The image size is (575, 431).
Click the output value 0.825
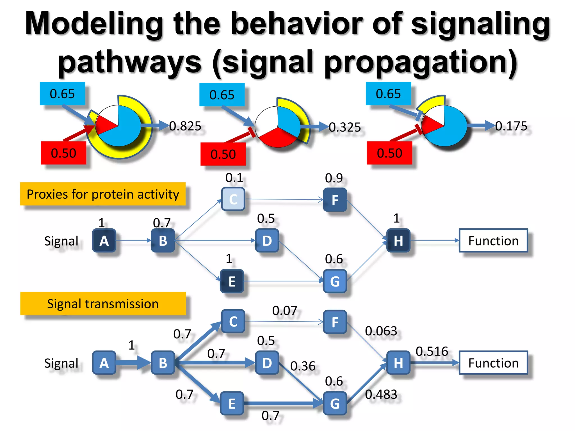[x=185, y=126]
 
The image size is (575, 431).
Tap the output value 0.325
[x=345, y=127]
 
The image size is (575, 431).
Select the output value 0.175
[x=511, y=126]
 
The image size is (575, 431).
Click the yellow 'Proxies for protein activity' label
[x=103, y=194]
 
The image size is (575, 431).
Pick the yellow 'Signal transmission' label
[x=103, y=304]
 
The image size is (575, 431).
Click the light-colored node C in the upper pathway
[x=233, y=199]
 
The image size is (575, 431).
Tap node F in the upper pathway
[x=335, y=200]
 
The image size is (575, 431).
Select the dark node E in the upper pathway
[x=232, y=281]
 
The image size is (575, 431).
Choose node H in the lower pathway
[x=398, y=363]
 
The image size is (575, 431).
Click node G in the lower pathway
[x=335, y=404]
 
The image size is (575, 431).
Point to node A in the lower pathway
[x=104, y=363]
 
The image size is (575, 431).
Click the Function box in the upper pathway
[x=493, y=240]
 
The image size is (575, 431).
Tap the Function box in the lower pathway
[x=493, y=363]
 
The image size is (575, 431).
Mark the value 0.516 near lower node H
[x=432, y=351]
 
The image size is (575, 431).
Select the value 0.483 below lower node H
[x=381, y=394]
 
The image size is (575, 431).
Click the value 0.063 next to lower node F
[x=381, y=331]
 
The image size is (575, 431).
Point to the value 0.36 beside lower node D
[x=303, y=366]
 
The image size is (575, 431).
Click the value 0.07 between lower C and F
[x=284, y=311]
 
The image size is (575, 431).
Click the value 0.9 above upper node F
[x=334, y=178]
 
